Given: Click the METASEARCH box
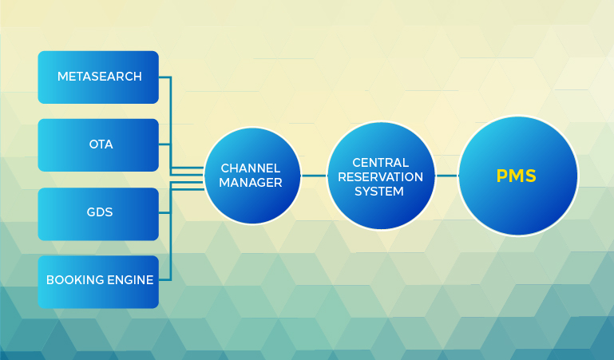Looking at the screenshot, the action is (98, 77).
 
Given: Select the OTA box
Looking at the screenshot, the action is (98, 145).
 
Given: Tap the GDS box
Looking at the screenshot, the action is (98, 214).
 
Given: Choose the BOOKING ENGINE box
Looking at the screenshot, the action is (98, 282).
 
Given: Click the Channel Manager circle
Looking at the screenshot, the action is (252, 176).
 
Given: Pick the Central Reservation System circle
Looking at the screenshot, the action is (381, 176).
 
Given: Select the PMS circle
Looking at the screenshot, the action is (518, 176).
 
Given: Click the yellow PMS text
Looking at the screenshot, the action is (516, 176).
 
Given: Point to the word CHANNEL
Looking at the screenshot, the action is (251, 168).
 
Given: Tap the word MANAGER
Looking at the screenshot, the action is (251, 183).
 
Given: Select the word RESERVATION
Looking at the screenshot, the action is (381, 177).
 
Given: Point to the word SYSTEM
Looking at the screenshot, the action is (379, 192).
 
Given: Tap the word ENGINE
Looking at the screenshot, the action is (130, 280).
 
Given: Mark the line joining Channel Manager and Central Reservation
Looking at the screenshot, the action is (314, 176).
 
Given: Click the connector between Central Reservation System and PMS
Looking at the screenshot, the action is (447, 176).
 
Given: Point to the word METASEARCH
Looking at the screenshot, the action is (100, 77).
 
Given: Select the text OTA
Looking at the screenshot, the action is (101, 144).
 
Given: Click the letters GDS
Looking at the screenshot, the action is (100, 212).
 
